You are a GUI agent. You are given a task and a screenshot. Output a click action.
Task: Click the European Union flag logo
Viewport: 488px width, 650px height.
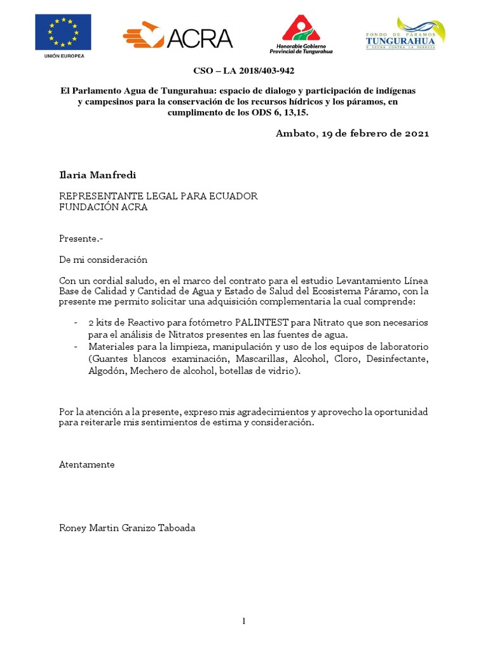coord(64,32)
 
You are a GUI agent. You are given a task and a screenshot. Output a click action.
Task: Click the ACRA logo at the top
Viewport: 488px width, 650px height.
coord(177,37)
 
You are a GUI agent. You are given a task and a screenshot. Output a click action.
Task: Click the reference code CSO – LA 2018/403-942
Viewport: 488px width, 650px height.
coord(243,71)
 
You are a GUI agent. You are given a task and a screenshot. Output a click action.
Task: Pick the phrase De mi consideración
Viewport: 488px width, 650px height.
coord(103,260)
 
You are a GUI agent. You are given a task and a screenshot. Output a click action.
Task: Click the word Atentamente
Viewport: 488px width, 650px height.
coord(86,464)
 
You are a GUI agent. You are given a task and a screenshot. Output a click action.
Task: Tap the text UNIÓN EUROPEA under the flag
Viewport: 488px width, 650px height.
coord(64,56)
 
